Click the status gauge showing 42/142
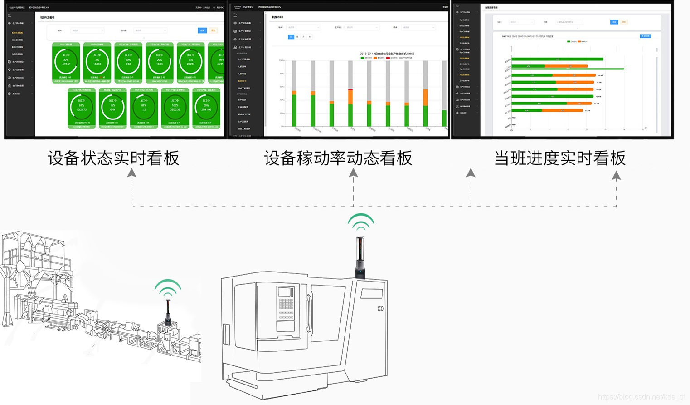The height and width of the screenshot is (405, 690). pos(66,61)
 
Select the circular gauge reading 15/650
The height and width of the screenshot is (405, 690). pos(97,61)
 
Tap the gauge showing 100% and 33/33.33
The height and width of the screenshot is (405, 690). pos(175,107)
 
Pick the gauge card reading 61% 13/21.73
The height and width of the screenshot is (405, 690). pos(81,107)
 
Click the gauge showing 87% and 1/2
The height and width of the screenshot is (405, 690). pos(144,107)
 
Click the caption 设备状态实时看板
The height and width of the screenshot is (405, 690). pos(113,158)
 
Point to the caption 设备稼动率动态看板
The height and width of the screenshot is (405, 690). pos(338,158)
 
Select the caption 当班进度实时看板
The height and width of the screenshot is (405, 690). pos(560,158)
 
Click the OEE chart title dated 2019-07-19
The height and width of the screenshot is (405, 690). pos(387,54)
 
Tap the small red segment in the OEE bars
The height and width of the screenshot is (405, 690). pos(350,89)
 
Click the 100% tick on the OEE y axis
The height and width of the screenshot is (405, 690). pos(282,60)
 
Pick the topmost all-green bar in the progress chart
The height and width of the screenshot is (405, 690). pos(557,59)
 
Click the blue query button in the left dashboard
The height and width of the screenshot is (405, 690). pos(202,30)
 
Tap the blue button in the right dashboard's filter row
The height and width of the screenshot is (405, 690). pos(614,22)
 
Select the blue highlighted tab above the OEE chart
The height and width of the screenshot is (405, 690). pos(291,37)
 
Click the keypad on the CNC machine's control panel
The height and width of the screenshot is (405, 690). pos(286,303)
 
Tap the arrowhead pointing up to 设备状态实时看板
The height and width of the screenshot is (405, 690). pos(131,173)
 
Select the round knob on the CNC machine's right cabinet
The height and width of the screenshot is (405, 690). pos(380,309)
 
